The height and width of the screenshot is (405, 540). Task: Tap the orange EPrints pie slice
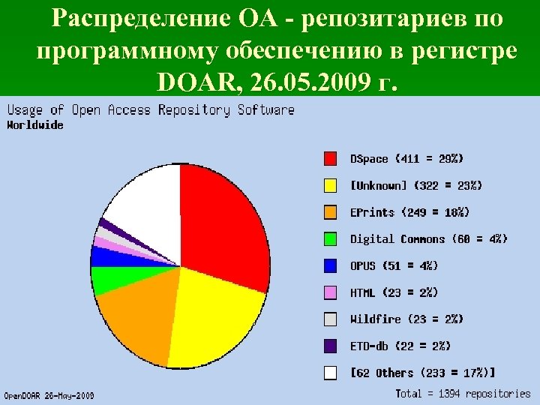coord(139,322)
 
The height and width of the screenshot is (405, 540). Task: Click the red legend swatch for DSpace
coord(330,158)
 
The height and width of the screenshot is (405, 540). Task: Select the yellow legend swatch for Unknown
coord(330,185)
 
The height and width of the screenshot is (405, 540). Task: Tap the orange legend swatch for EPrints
coord(330,212)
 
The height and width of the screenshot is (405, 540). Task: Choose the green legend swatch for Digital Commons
coord(330,239)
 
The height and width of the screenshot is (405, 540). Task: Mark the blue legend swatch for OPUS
coord(330,265)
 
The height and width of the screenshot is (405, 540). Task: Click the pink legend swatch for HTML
coord(330,292)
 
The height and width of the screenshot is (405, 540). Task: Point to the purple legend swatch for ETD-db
coord(330,346)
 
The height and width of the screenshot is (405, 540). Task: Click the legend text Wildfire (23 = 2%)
coord(406,319)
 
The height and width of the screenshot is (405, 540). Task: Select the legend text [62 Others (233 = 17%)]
coord(422,373)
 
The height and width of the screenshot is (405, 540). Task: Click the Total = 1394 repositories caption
coord(463,394)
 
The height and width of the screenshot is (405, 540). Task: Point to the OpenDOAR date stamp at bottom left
coord(49,395)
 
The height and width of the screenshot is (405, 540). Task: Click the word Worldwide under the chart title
coord(35,125)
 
